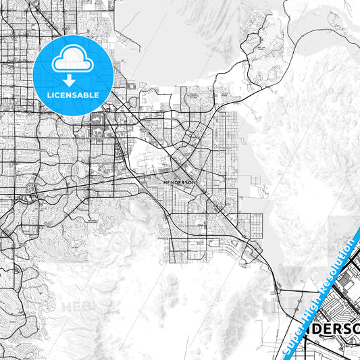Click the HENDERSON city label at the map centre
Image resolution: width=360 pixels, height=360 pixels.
pos(180,182)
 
